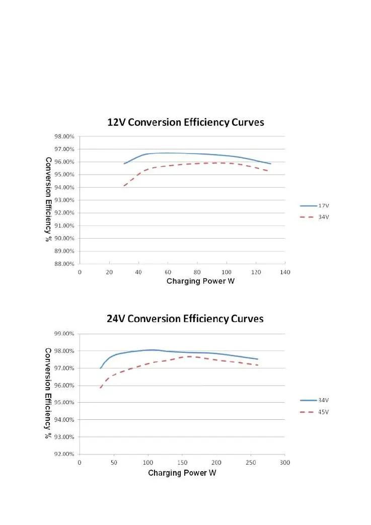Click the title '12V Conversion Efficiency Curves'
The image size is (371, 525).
tap(185, 122)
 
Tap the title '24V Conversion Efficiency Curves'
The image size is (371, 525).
tap(185, 319)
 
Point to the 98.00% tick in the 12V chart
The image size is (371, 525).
tap(64, 136)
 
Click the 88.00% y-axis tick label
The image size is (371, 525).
tap(64, 264)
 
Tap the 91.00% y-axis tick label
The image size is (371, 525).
tap(64, 226)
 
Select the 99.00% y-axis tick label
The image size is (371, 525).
tap(64, 334)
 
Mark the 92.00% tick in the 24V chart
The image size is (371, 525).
tap(64, 454)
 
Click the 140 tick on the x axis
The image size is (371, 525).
tap(285, 272)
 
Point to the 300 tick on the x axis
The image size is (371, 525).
tap(285, 462)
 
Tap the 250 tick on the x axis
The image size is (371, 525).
tap(251, 462)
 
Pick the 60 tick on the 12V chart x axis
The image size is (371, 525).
tap(168, 272)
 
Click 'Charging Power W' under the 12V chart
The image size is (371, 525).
tap(200, 281)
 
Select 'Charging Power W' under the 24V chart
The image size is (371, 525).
tap(182, 473)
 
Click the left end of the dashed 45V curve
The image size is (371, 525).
tap(101, 388)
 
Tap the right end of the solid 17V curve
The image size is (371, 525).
tap(270, 164)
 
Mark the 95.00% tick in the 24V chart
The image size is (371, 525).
tap(64, 403)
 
